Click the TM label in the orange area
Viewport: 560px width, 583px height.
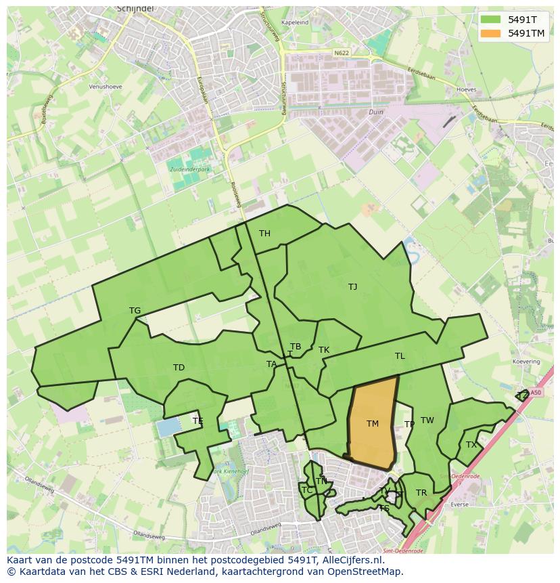[373, 424]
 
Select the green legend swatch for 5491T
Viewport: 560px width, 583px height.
[492, 20]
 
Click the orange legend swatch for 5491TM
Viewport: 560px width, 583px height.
[492, 33]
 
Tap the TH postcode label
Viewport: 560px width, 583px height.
[264, 234]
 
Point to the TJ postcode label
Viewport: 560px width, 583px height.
[352, 287]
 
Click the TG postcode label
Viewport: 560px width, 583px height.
[135, 311]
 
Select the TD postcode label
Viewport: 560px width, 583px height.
[179, 368]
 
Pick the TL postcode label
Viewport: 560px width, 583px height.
[400, 356]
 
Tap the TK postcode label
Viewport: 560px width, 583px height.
[324, 350]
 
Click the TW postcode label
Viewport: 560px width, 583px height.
[427, 420]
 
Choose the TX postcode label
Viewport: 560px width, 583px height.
[471, 445]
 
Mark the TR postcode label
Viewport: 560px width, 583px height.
[421, 493]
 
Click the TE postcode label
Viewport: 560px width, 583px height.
[197, 421]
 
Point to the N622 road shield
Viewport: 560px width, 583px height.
[342, 52]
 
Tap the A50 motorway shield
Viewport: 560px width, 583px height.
[536, 392]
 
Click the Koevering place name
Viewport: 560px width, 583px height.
[526, 362]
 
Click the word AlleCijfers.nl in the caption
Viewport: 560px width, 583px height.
[351, 560]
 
